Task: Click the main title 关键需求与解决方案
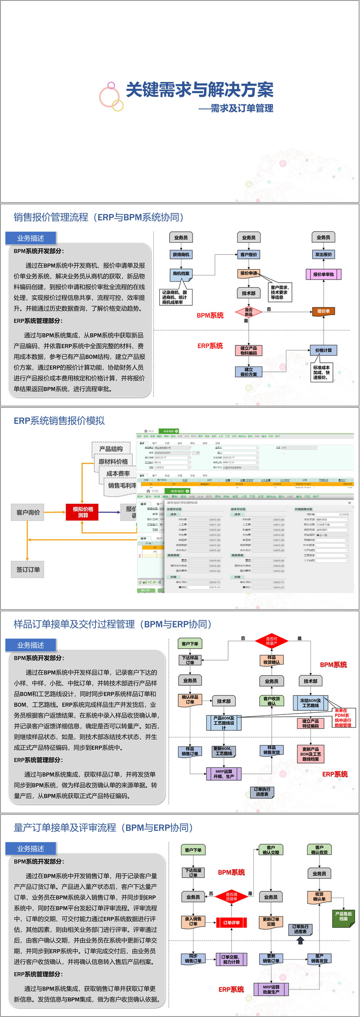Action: pyautogui.click(x=199, y=90)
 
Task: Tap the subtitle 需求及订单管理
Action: pyautogui.click(x=242, y=108)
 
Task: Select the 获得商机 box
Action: pyautogui.click(x=181, y=255)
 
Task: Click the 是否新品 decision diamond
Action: pyautogui.click(x=248, y=312)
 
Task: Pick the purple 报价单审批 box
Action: pyautogui.click(x=323, y=274)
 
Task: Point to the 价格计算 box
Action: pyautogui.click(x=323, y=350)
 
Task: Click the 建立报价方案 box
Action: pyautogui.click(x=248, y=372)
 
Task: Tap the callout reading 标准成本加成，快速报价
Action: pyautogui.click(x=321, y=373)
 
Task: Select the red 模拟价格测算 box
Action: pyautogui.click(x=83, y=512)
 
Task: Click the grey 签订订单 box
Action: pyautogui.click(x=28, y=570)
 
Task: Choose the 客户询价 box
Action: pyautogui.click(x=28, y=512)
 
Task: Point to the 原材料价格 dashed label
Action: pyautogui.click(x=113, y=461)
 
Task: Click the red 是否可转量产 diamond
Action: pyautogui.click(x=271, y=641)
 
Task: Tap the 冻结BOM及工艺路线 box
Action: pyautogui.click(x=310, y=703)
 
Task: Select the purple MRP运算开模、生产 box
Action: pyautogui.click(x=224, y=774)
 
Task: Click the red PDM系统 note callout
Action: pyautogui.click(x=342, y=718)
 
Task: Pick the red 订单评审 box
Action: pyautogui.click(x=231, y=922)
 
